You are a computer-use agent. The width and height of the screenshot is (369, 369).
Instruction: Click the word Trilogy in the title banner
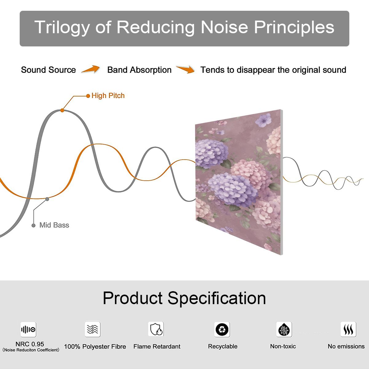tap(62, 28)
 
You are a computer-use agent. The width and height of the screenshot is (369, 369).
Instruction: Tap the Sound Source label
tap(49, 70)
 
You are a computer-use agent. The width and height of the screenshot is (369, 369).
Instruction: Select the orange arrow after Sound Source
tap(91, 69)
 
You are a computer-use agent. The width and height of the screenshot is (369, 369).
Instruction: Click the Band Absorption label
tap(139, 70)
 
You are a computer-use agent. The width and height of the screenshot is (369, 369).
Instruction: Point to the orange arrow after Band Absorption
tap(185, 69)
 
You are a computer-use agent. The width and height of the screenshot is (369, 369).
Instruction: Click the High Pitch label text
tap(108, 96)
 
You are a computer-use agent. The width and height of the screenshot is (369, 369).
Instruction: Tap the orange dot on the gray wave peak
tap(62, 110)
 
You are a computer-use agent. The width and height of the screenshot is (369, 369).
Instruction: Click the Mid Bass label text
tap(54, 225)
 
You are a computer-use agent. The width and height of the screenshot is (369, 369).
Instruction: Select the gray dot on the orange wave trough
tap(47, 199)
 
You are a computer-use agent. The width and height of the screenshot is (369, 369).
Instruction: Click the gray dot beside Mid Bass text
tap(34, 225)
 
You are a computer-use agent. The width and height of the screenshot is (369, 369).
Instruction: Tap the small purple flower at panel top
tap(264, 120)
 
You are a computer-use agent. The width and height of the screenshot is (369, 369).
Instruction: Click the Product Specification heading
tap(184, 298)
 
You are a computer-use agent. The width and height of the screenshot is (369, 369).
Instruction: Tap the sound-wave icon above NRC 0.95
tap(28, 329)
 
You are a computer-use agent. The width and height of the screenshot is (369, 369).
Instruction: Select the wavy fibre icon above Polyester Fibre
tap(93, 329)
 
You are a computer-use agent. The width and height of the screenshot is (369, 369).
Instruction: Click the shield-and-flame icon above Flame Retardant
tap(156, 329)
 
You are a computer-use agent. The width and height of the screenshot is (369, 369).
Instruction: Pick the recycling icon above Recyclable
tap(222, 329)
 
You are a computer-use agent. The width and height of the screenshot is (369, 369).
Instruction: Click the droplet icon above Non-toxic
tap(284, 329)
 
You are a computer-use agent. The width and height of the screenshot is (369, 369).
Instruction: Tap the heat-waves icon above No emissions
tap(348, 329)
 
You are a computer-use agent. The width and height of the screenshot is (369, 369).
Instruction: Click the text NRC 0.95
tap(30, 344)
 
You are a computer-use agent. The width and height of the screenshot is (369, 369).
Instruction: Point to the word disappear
tap(256, 70)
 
